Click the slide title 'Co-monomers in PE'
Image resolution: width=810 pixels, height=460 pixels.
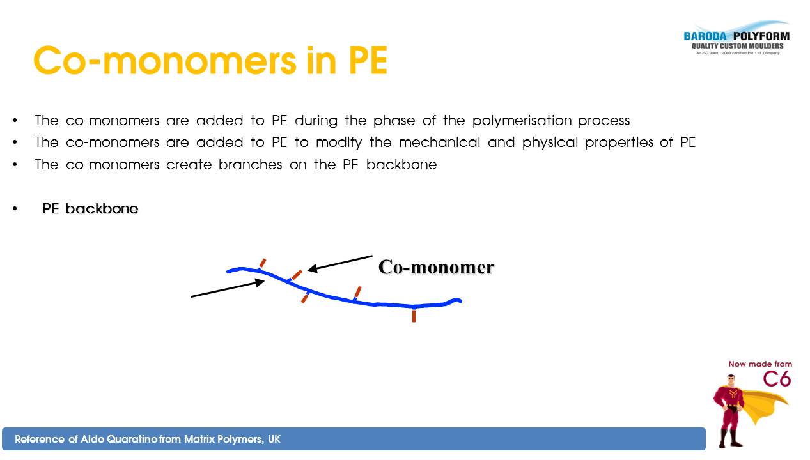click(210, 60)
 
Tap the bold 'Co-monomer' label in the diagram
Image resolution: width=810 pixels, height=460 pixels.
click(436, 268)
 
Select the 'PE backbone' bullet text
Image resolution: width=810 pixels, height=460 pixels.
click(90, 209)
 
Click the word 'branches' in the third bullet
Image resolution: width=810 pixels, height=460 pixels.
click(250, 165)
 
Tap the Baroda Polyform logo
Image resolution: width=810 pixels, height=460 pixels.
click(736, 38)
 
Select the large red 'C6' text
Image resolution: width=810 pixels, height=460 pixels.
click(777, 379)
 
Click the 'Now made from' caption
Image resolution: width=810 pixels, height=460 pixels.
click(760, 364)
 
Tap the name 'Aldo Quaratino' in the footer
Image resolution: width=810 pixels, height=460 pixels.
click(119, 440)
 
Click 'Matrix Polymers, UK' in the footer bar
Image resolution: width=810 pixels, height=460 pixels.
click(232, 440)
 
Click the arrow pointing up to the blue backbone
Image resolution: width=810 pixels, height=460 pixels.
click(228, 288)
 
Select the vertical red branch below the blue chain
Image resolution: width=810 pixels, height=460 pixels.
click(414, 316)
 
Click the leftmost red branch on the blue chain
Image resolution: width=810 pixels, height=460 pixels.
click(263, 263)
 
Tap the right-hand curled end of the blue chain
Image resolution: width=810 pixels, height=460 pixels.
click(456, 300)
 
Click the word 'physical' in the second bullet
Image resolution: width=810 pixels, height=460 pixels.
click(550, 142)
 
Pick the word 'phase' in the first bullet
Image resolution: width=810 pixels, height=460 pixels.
click(394, 121)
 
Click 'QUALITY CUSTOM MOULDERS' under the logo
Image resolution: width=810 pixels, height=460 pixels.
click(737, 46)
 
